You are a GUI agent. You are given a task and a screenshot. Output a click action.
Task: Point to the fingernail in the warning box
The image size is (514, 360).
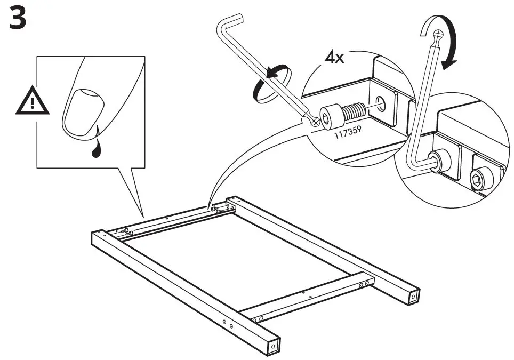[83, 111]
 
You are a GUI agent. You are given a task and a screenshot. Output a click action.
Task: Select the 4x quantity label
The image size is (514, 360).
[335, 57]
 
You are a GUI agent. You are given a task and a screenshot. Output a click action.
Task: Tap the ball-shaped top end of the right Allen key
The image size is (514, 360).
[438, 35]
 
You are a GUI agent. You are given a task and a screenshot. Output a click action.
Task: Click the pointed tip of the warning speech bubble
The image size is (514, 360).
[143, 212]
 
